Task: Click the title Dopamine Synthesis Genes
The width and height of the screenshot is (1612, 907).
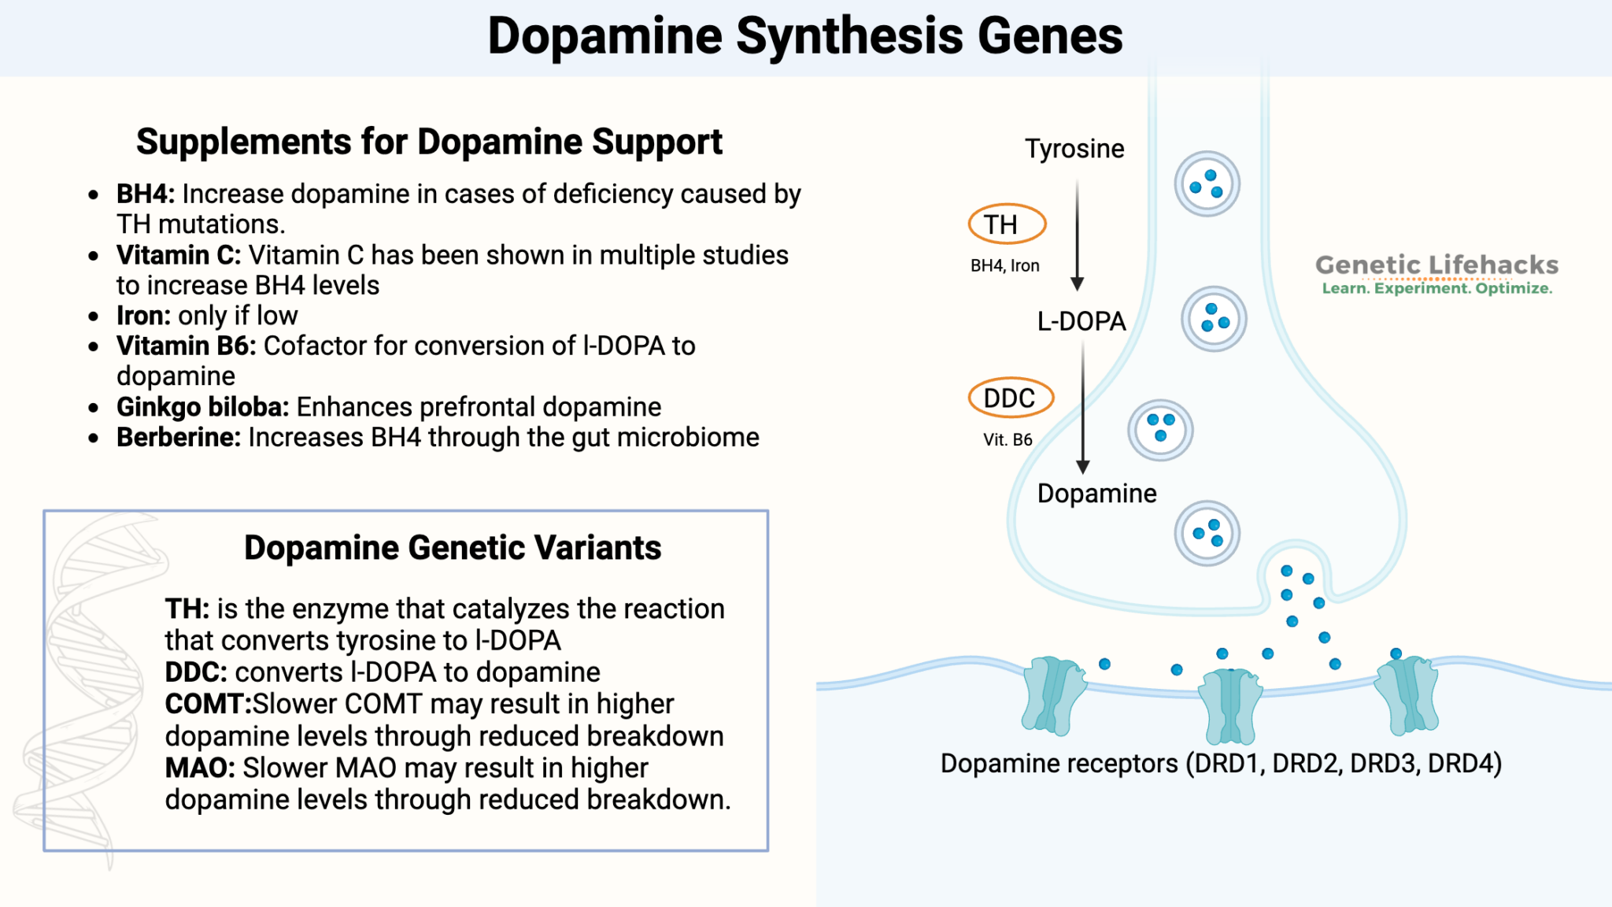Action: (x=804, y=36)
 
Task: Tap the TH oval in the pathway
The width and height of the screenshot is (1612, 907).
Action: (x=1006, y=224)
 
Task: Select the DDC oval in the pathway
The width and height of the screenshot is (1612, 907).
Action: (x=1010, y=398)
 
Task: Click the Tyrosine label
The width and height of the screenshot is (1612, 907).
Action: (x=1074, y=149)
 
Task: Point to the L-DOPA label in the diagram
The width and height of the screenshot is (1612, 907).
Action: (x=1081, y=321)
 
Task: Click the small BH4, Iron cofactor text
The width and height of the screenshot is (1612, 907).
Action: (x=1004, y=266)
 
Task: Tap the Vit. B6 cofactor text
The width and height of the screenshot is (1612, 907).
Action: (x=1007, y=440)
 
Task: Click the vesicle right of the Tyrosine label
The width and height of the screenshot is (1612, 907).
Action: (x=1207, y=184)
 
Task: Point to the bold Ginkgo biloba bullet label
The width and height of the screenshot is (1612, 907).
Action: (x=202, y=407)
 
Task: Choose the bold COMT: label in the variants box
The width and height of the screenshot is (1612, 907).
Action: (x=208, y=704)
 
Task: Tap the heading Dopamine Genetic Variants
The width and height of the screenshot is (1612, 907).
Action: (x=452, y=548)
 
